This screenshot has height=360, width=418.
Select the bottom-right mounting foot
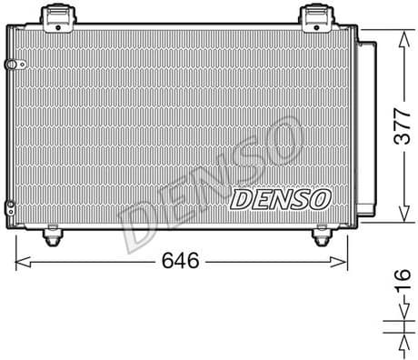click(321, 237)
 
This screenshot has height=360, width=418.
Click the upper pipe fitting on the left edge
click(11, 65)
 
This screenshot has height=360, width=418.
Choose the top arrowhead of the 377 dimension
click(401, 34)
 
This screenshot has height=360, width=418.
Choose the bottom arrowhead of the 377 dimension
click(401, 220)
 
